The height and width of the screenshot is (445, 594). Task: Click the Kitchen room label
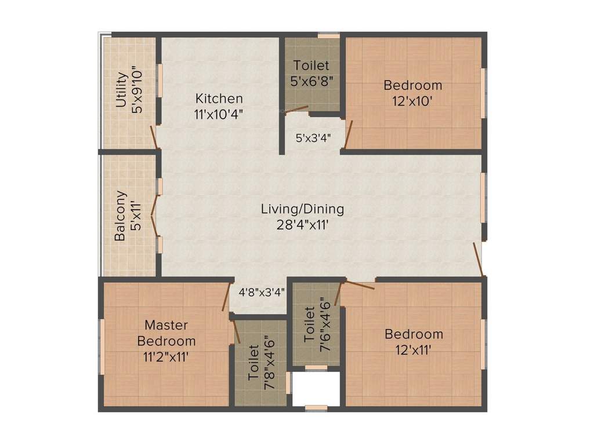click(219, 99)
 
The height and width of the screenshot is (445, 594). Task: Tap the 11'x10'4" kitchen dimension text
click(219, 114)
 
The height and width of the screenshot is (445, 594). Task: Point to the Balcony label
click(121, 216)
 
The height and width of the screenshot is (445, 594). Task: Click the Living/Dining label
click(302, 209)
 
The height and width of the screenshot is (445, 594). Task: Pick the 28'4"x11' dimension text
click(303, 224)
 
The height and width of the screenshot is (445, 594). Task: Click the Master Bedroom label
click(166, 333)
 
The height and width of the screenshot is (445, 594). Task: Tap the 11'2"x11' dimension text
click(166, 356)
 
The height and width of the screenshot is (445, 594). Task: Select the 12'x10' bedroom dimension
click(413, 100)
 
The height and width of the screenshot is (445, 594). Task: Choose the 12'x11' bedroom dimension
click(414, 349)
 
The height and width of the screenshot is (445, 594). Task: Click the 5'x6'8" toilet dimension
click(311, 80)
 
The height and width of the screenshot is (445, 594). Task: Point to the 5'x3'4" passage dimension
click(313, 139)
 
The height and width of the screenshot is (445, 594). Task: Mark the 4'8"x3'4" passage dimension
click(262, 293)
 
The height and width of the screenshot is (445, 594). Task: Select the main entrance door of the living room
click(478, 259)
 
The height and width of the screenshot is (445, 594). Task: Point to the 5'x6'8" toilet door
click(296, 108)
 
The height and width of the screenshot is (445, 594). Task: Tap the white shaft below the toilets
click(315, 389)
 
